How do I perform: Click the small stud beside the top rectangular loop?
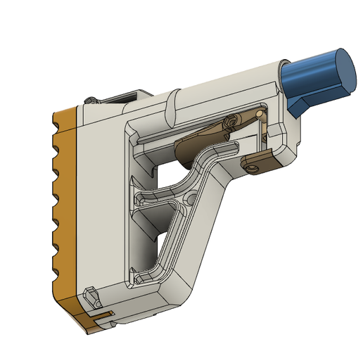[x=89, y=103]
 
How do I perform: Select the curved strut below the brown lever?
[x=204, y=158]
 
